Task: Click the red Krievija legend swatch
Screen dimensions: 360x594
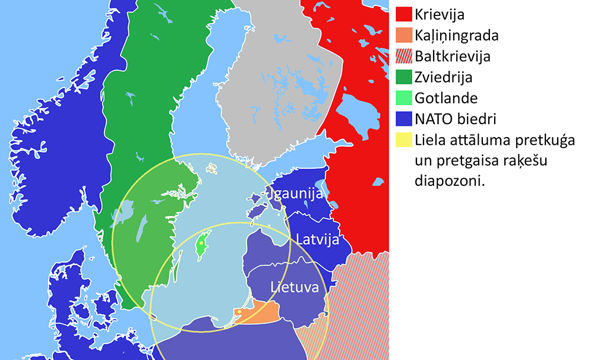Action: click(403, 14)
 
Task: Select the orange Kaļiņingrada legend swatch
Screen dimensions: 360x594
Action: click(403, 35)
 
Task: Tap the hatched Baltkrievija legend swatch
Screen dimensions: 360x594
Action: click(403, 56)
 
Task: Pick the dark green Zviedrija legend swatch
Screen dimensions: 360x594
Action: click(403, 77)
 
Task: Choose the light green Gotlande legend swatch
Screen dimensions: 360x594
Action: click(403, 98)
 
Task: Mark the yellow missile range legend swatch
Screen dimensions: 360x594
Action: click(403, 140)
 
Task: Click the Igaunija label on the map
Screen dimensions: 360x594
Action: click(296, 194)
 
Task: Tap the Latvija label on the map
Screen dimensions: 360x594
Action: click(317, 240)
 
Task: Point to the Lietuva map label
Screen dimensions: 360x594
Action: click(294, 287)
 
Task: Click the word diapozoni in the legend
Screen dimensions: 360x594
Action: click(450, 182)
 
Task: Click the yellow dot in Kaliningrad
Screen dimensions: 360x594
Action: click(239, 311)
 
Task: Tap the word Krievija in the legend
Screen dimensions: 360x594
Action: click(440, 14)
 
